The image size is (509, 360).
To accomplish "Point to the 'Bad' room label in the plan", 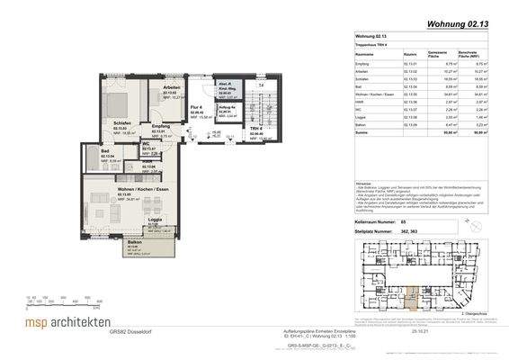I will click(106, 150).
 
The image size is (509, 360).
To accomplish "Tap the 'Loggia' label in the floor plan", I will click(155, 220).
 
